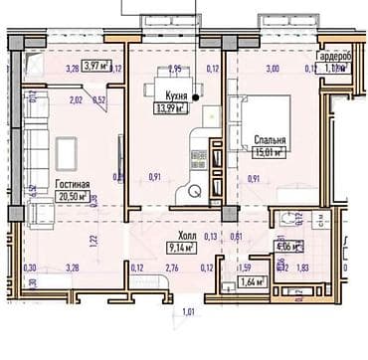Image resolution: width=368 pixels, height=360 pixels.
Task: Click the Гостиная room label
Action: click(x=73, y=185)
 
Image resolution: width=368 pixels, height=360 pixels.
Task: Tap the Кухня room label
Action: click(x=164, y=96)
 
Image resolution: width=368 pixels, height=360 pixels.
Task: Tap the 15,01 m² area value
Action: click(x=270, y=153)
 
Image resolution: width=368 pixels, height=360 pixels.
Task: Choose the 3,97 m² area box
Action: click(x=96, y=67)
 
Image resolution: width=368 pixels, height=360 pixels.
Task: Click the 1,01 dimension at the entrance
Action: click(x=188, y=315)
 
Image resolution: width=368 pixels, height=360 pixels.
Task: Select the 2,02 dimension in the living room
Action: click(x=76, y=99)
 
